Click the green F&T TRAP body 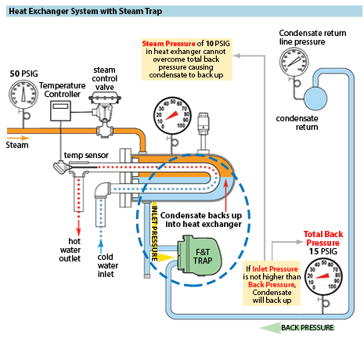coord(199,257)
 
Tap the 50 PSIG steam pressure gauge coord(23,95)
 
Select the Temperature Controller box coord(60,111)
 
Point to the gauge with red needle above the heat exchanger coord(172,116)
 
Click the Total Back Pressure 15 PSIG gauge coord(323,277)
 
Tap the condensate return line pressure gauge coord(294,62)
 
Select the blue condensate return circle coord(315,99)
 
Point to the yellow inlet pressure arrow coord(166,257)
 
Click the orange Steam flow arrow coord(18,138)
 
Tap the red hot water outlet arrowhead coord(78,232)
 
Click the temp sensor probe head coord(60,167)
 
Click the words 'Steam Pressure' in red coord(168,43)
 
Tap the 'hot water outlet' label coord(70,250)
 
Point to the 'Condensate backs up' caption coord(201,215)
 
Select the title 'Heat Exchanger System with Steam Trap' coord(85,11)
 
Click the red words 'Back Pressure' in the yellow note coord(272,284)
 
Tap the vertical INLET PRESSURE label coord(154,233)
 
